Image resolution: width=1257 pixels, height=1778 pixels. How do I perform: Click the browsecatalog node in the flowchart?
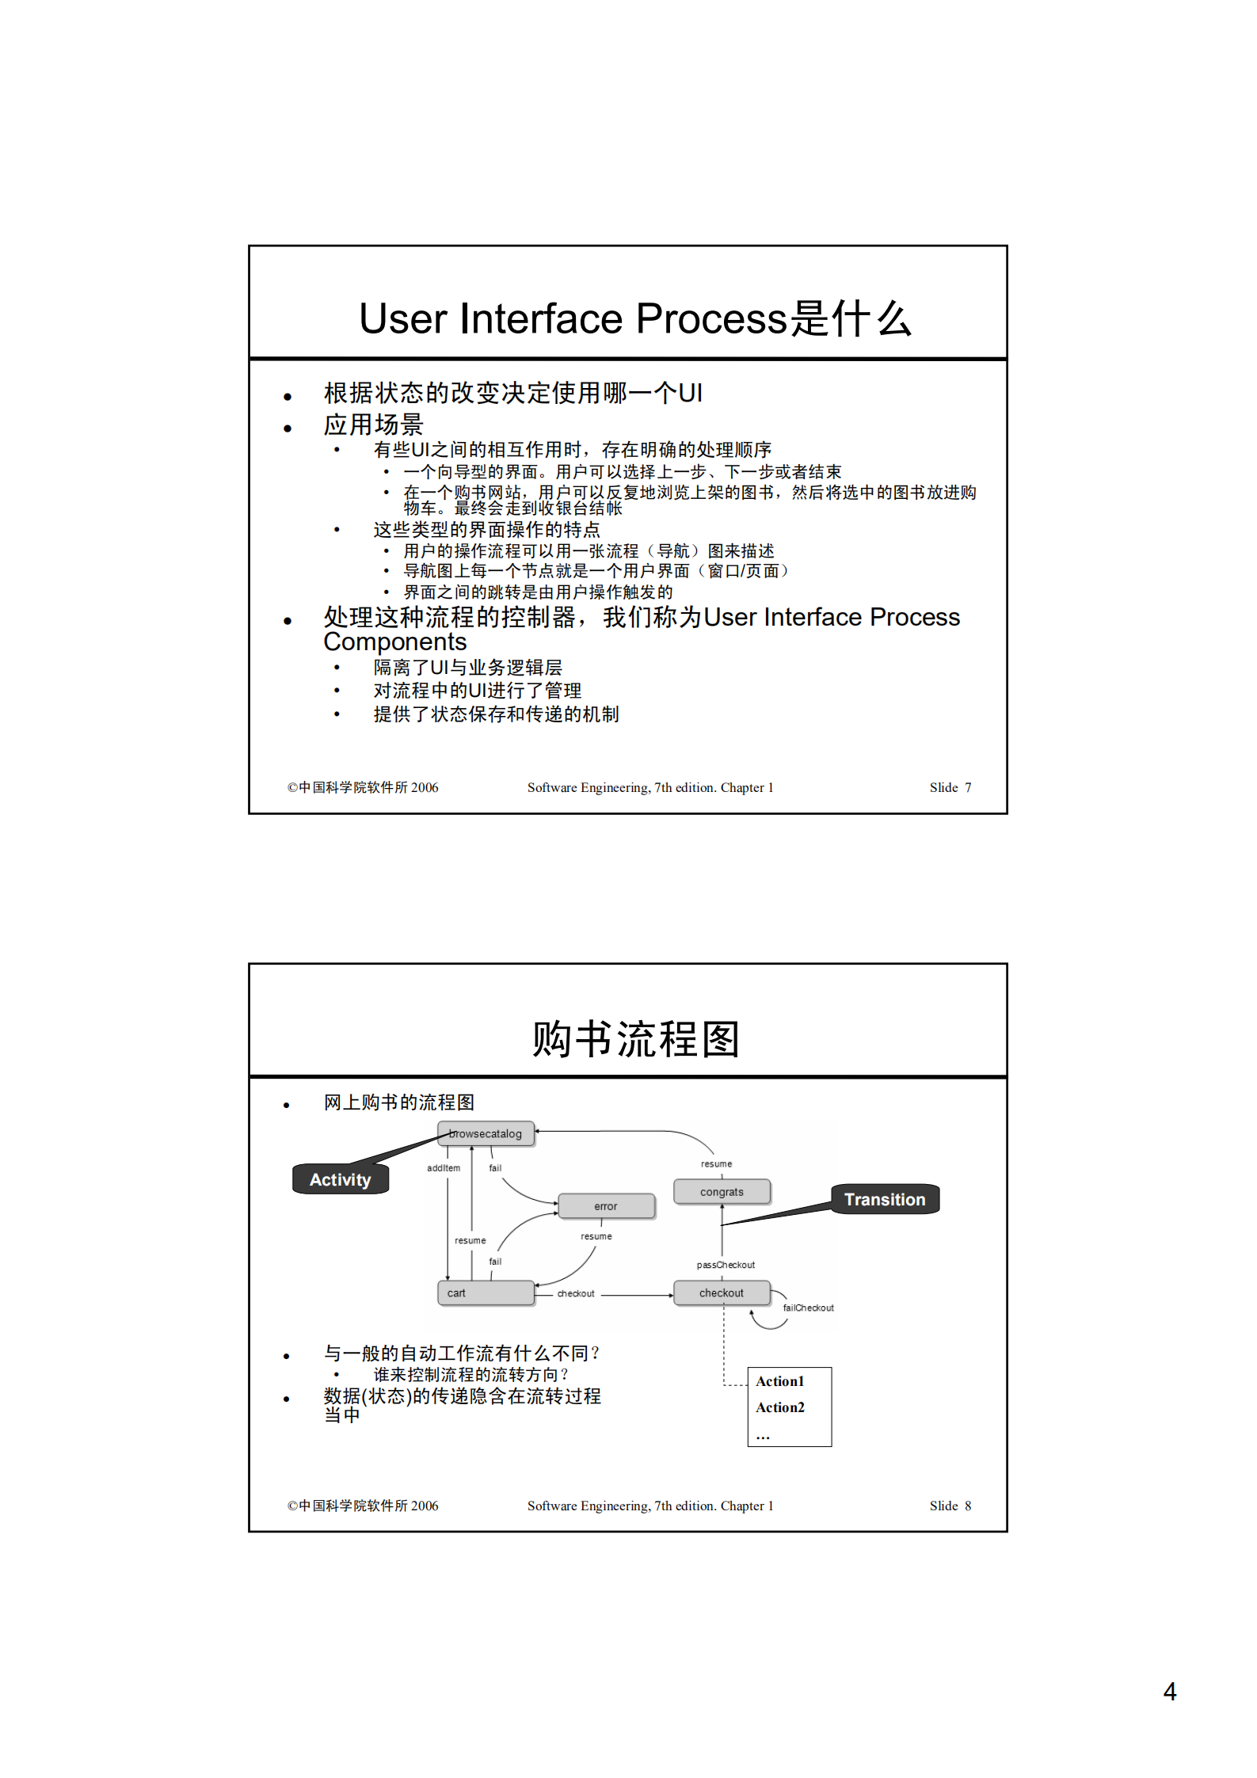(486, 1133)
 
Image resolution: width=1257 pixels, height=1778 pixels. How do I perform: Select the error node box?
(606, 1206)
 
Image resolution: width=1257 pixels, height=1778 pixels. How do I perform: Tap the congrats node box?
(722, 1192)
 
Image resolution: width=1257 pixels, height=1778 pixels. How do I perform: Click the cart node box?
(485, 1293)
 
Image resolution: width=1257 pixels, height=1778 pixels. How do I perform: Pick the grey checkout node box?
(721, 1293)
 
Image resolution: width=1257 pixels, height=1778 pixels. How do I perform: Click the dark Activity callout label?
(341, 1179)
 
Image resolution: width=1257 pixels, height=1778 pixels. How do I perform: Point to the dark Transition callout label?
(885, 1199)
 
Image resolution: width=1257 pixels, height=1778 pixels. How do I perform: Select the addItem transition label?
(444, 1168)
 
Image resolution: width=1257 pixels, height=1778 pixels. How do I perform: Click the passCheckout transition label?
(726, 1265)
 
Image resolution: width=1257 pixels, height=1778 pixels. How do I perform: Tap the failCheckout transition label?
(808, 1308)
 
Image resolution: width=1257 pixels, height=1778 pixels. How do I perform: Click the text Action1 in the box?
(780, 1381)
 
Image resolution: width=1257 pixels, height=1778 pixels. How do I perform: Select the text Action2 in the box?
(780, 1407)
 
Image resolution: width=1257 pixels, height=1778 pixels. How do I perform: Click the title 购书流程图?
(636, 1038)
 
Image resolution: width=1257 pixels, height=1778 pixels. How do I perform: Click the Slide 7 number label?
(950, 787)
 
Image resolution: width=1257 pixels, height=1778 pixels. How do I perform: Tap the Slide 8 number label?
(950, 1506)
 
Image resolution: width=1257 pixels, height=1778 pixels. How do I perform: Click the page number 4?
(1169, 1692)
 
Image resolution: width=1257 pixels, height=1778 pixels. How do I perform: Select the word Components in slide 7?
(395, 642)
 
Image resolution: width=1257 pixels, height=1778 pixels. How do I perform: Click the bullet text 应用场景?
(373, 425)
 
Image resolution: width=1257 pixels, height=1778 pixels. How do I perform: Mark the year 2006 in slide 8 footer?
(425, 1506)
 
